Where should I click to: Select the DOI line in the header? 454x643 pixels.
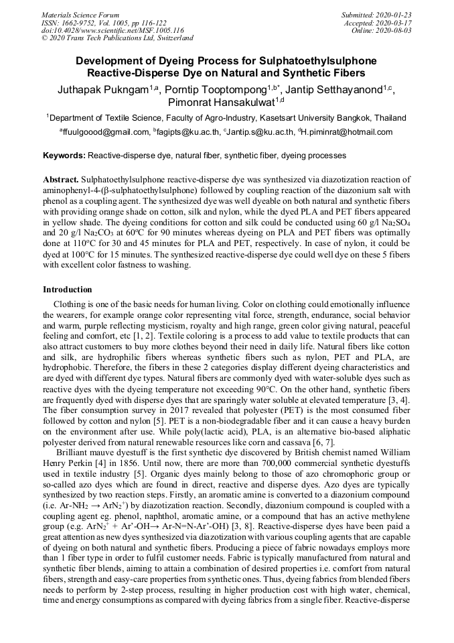pyautogui.click(x=112, y=30)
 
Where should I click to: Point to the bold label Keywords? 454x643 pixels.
pyautogui.click(x=64, y=156)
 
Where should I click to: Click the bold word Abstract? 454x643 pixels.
pyautogui.click(x=61, y=181)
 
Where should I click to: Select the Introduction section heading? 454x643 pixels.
pyautogui.click(x=68, y=290)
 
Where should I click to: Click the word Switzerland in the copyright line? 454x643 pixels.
pyautogui.click(x=172, y=38)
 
